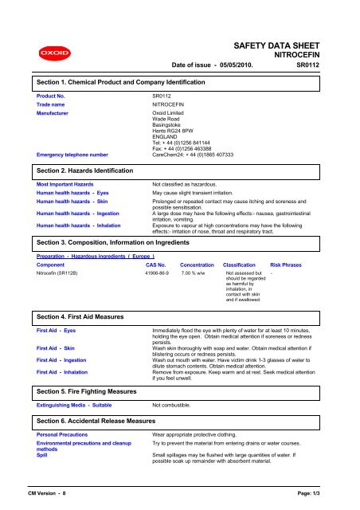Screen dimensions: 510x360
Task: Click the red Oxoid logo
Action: point(41,54)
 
